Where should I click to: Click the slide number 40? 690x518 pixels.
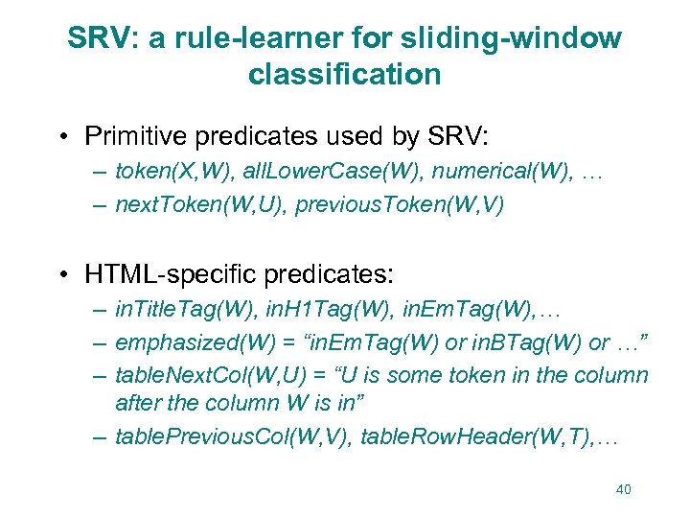623,489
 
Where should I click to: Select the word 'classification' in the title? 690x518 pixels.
344,75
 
